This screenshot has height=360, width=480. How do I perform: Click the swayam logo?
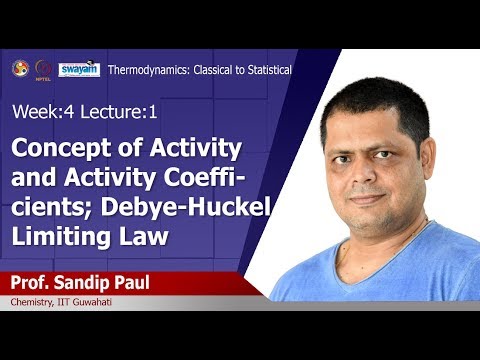pos(78,69)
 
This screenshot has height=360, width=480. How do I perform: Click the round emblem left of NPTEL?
pos(20,68)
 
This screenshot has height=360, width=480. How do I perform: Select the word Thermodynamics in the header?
pos(143,70)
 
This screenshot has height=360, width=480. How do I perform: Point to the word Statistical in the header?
pos(264,70)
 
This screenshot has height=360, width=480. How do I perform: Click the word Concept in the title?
pos(54,150)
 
